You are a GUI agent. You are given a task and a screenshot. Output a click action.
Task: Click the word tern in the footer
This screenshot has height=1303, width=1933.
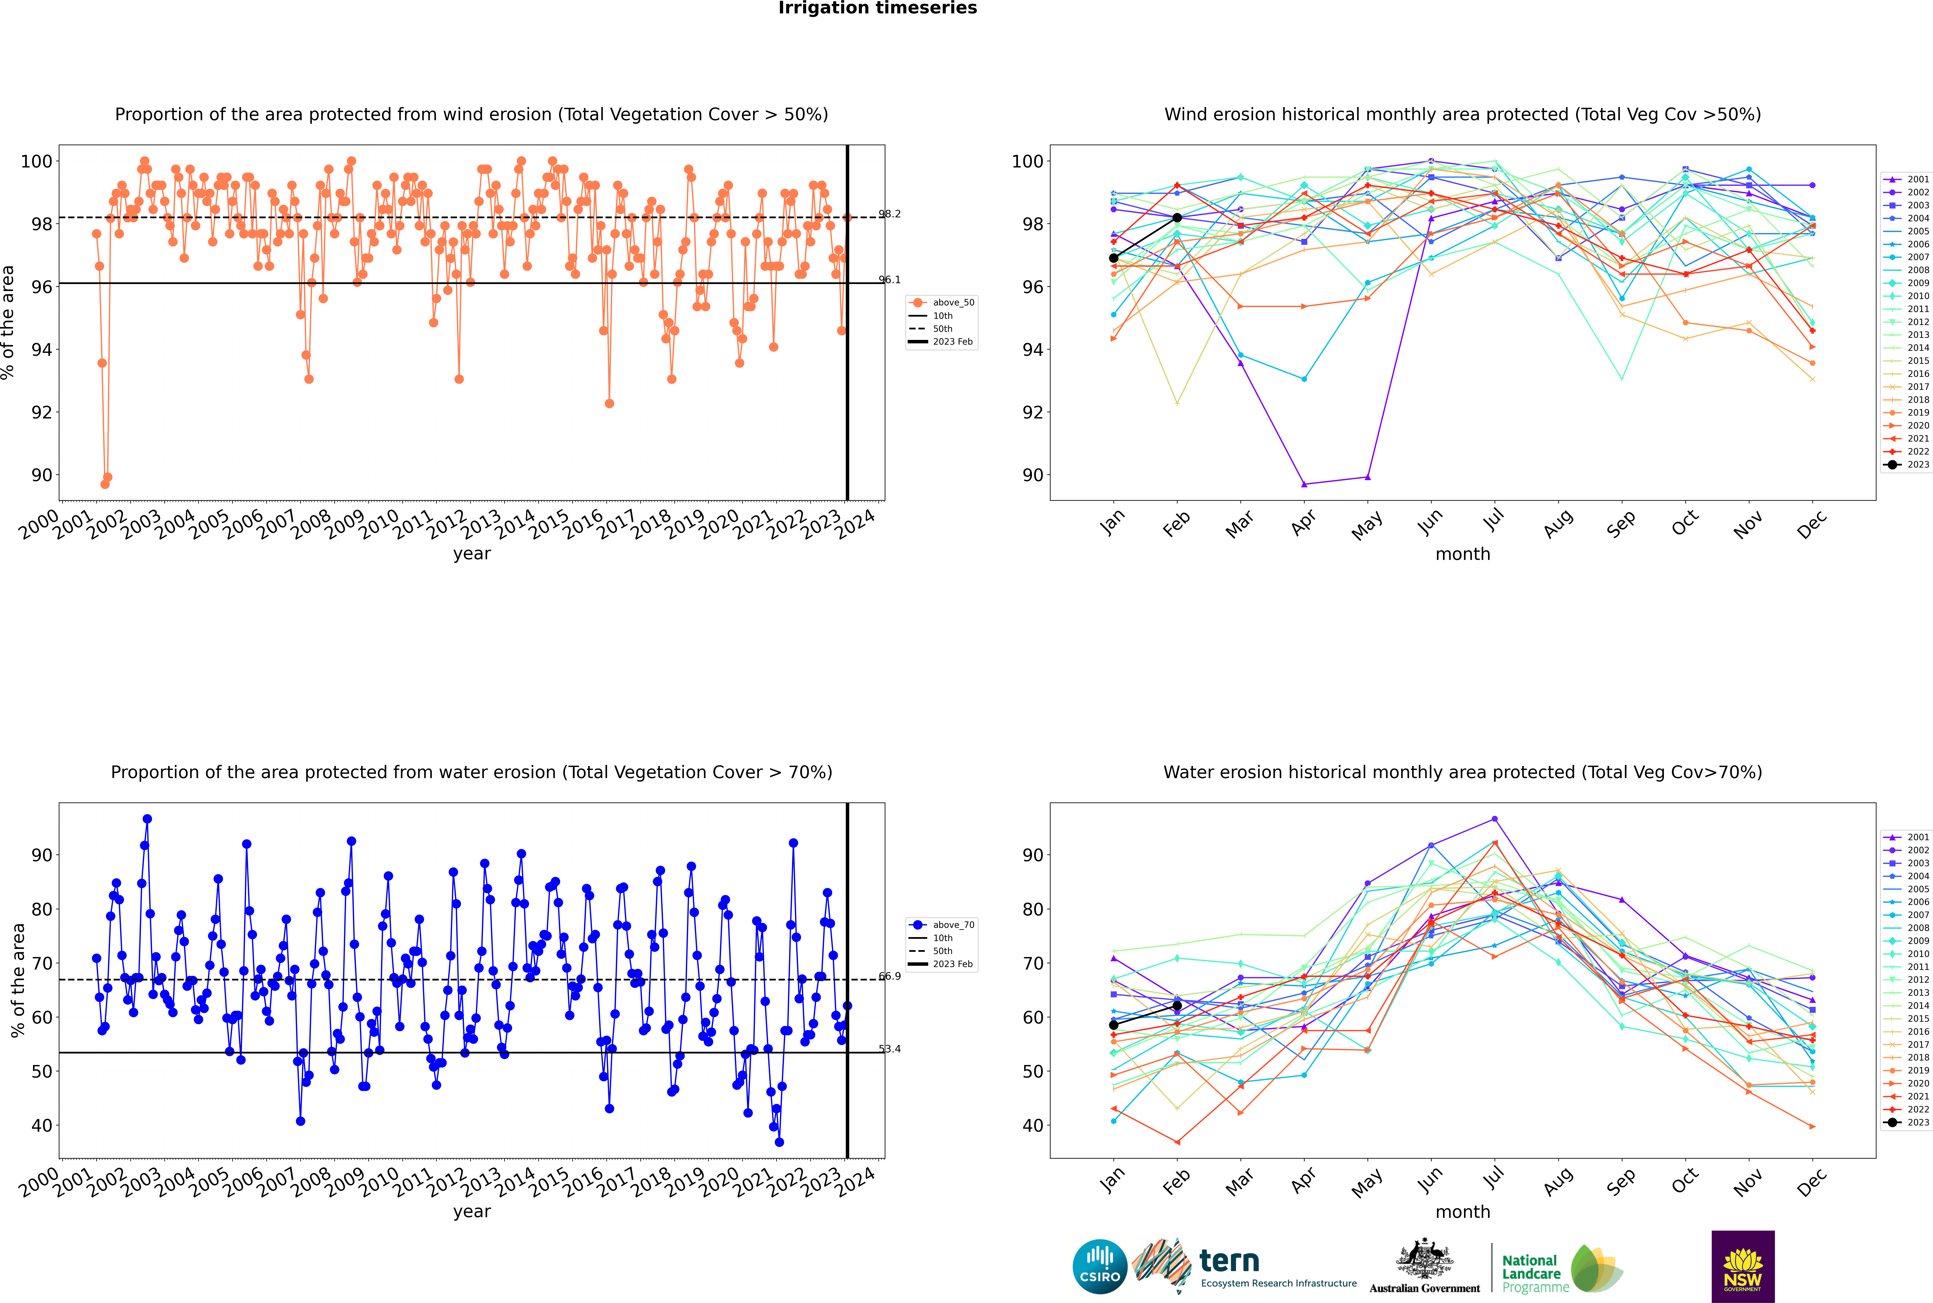point(1229,1262)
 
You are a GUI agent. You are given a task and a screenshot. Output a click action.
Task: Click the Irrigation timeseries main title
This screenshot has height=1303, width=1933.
point(878,8)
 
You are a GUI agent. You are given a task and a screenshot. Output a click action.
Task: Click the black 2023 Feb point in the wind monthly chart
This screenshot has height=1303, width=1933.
point(1177,218)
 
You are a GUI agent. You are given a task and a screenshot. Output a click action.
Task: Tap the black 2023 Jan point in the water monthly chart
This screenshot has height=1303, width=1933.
point(1114,1025)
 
